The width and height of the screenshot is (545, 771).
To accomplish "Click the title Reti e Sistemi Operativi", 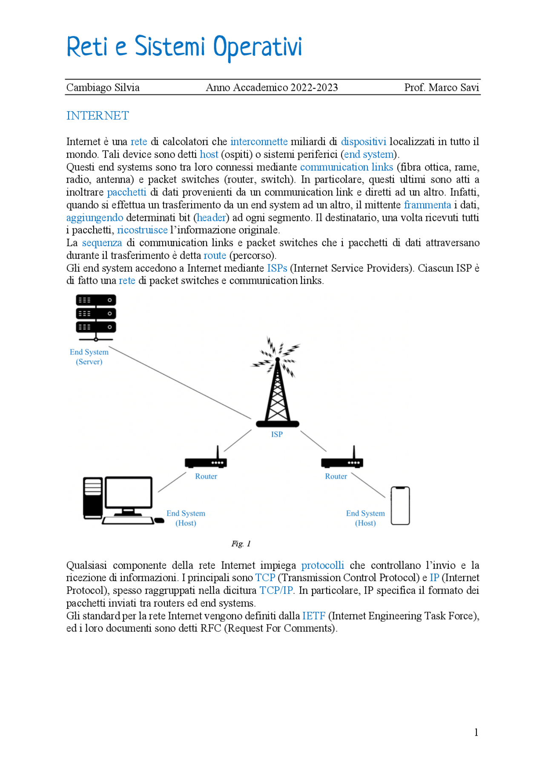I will pyautogui.click(x=184, y=47).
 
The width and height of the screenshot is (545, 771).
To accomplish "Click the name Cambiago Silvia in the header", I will pyautogui.click(x=103, y=88).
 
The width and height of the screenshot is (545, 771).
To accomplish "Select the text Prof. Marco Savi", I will pyautogui.click(x=441, y=88).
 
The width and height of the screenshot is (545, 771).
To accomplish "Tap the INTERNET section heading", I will pyautogui.click(x=98, y=116).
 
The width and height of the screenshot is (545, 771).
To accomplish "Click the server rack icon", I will pyautogui.click(x=96, y=315).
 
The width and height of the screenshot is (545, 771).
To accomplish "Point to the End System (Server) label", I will pyautogui.click(x=89, y=357).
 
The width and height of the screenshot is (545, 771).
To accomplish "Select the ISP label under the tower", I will pyautogui.click(x=277, y=434).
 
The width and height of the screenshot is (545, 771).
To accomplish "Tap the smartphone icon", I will pyautogui.click(x=400, y=506).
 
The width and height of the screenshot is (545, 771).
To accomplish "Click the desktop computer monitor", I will pyautogui.click(x=129, y=492).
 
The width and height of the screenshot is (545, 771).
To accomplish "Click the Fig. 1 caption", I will pyautogui.click(x=241, y=544).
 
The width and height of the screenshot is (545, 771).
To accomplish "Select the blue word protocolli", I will pyautogui.click(x=322, y=565).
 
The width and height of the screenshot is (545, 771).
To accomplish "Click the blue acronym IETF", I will pyautogui.click(x=314, y=616).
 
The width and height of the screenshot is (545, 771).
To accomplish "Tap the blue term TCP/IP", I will pyautogui.click(x=277, y=590).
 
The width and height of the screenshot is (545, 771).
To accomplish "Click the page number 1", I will pyautogui.click(x=476, y=732).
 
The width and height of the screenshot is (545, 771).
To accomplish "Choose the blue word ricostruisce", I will pyautogui.click(x=142, y=230).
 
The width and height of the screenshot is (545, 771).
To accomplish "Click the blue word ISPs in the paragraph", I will pyautogui.click(x=277, y=268).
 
